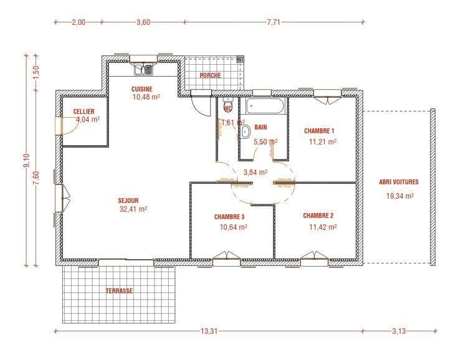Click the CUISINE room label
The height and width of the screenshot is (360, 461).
coord(141,88)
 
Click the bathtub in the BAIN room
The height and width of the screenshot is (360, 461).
coord(265,106)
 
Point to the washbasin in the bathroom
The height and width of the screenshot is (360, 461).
coord(245,131)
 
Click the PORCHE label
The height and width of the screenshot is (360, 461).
coord(209,75)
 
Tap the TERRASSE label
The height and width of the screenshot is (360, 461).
coord(119,290)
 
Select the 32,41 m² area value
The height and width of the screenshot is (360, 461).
coord(133,209)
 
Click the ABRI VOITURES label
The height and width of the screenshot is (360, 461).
coord(399,182)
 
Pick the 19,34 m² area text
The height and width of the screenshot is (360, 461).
coord(400,196)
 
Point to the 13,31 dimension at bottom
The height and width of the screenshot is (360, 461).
coord(209,331)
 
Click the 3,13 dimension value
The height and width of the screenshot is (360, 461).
coord(399,331)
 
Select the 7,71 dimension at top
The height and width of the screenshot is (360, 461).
coord(275,22)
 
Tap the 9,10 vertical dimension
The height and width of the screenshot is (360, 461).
coord(26,161)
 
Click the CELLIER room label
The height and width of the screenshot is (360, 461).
coord(83,111)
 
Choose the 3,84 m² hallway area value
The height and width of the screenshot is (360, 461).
coord(255,172)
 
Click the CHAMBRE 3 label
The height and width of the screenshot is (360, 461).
coord(229,217)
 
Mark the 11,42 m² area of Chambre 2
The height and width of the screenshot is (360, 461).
coord(323,227)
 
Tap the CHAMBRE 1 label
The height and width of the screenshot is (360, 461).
coord(320,131)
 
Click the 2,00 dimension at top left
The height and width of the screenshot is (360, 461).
coord(78,22)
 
